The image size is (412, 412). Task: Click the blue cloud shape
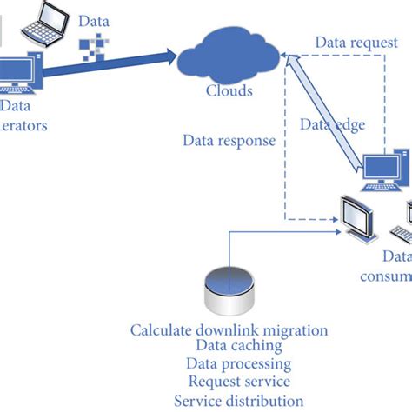click(229, 57)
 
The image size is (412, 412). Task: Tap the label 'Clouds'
click(229, 91)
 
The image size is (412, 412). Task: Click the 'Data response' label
click(229, 140)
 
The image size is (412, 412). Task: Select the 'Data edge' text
click(332, 125)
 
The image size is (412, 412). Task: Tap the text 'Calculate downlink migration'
click(229, 329)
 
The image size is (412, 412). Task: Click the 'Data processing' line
click(238, 364)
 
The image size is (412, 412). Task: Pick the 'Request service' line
click(238, 382)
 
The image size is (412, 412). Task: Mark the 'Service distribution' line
click(238, 400)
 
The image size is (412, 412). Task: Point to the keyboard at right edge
click(402, 234)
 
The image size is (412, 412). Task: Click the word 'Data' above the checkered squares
click(94, 20)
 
